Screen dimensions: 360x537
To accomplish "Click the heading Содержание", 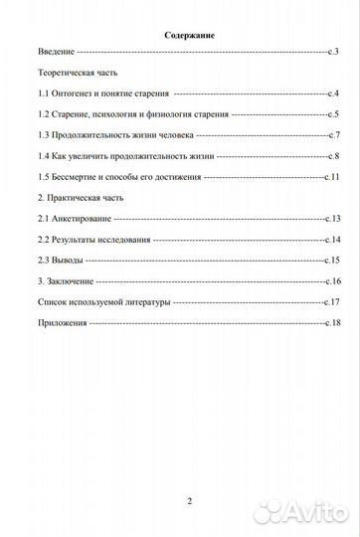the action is (189, 36).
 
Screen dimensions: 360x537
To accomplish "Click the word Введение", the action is (56, 50).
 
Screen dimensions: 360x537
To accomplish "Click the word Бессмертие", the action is (81, 177).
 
